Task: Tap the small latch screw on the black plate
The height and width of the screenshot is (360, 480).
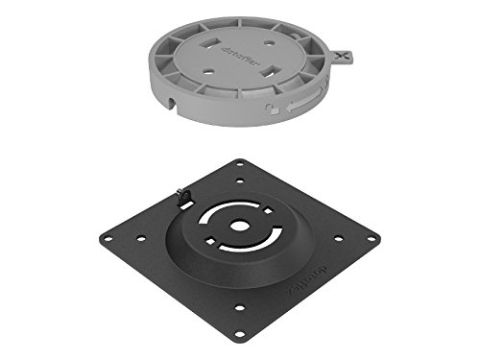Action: [185, 195]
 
